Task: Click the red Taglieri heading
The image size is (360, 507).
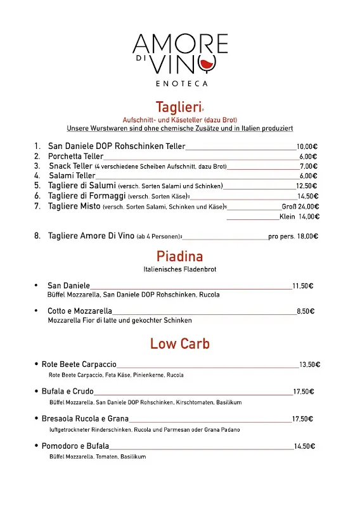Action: [179, 107]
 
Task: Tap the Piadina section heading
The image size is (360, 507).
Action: [179, 257]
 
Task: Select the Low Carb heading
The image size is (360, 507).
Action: [179, 344]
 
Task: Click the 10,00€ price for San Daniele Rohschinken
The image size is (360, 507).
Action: [307, 146]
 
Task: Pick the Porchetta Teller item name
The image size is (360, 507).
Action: [75, 157]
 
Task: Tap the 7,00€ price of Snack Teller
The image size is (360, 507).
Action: [309, 166]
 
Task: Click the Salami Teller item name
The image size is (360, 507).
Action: [72, 176]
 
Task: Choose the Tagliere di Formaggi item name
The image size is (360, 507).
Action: [86, 196]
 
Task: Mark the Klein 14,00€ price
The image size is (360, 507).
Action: [299, 216]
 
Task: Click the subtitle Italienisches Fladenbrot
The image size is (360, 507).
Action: [180, 269]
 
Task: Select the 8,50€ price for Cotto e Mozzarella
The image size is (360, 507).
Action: [305, 311]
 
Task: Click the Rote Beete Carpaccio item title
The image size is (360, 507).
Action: [79, 364]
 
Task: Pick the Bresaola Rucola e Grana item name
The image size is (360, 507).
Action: [85, 419]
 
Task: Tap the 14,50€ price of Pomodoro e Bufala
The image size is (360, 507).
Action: [305, 446]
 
